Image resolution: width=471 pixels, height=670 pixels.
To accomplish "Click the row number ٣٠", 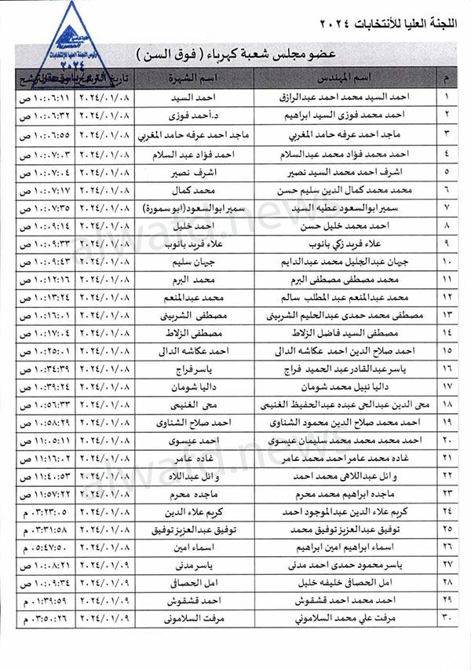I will [448, 620].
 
